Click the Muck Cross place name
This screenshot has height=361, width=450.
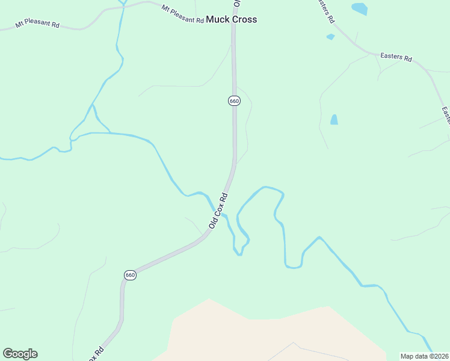click(x=231, y=19)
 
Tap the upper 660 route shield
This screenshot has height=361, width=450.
click(x=234, y=101)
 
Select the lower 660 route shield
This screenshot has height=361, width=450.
click(x=130, y=275)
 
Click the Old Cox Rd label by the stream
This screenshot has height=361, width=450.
click(x=218, y=210)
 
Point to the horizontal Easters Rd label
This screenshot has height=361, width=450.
click(x=396, y=58)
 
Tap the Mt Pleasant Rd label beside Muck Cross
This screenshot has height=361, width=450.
click(x=182, y=14)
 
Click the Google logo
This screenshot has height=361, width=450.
click(x=20, y=354)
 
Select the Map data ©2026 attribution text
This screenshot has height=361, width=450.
click(x=424, y=356)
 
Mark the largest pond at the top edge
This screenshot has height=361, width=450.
click(x=359, y=8)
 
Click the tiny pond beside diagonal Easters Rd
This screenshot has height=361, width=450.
click(x=330, y=37)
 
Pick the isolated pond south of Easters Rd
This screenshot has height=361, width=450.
click(x=334, y=120)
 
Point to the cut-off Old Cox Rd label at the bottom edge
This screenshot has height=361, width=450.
click(x=96, y=353)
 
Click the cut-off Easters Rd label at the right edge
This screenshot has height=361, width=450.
click(x=446, y=115)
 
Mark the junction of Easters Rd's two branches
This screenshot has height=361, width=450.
click(x=368, y=53)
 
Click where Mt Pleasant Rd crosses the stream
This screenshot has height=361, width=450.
click(x=123, y=5)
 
